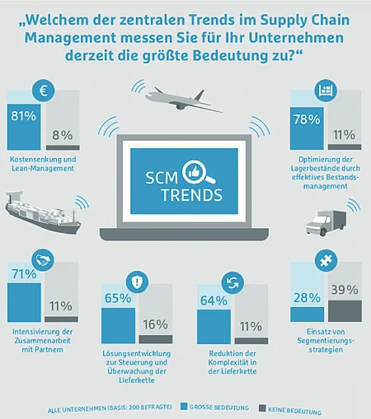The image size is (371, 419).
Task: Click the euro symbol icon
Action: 44,91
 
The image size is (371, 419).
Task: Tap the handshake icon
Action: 43,260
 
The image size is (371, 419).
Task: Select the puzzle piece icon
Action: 326,260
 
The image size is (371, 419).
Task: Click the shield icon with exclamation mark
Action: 137,282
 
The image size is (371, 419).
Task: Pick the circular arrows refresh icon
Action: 232,283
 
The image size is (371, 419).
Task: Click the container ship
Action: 43,212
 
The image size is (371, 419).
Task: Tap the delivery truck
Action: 326,223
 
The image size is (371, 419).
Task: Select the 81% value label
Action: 24,116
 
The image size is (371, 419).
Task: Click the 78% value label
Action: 307,119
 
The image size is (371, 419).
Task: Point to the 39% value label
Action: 345,290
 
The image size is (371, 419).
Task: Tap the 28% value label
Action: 307,298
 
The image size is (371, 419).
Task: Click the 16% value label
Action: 156,324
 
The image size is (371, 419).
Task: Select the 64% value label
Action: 214,300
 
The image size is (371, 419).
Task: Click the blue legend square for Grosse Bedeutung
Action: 184,406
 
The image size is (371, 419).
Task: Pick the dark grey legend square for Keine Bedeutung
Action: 262,408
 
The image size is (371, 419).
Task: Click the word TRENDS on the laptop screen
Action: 192,195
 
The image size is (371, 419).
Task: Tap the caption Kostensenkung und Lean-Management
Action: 43,164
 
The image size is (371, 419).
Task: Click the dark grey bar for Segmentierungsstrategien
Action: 345,311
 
